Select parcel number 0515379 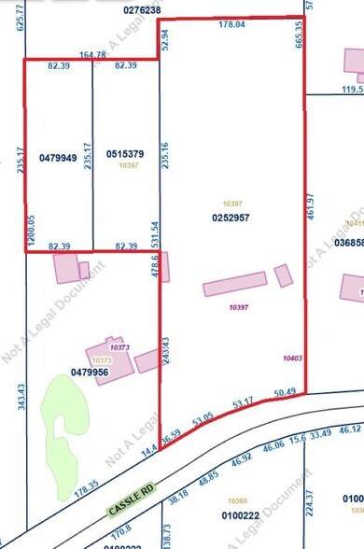125,153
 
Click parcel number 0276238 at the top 142,9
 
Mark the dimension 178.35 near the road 88,490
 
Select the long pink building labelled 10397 236,282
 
